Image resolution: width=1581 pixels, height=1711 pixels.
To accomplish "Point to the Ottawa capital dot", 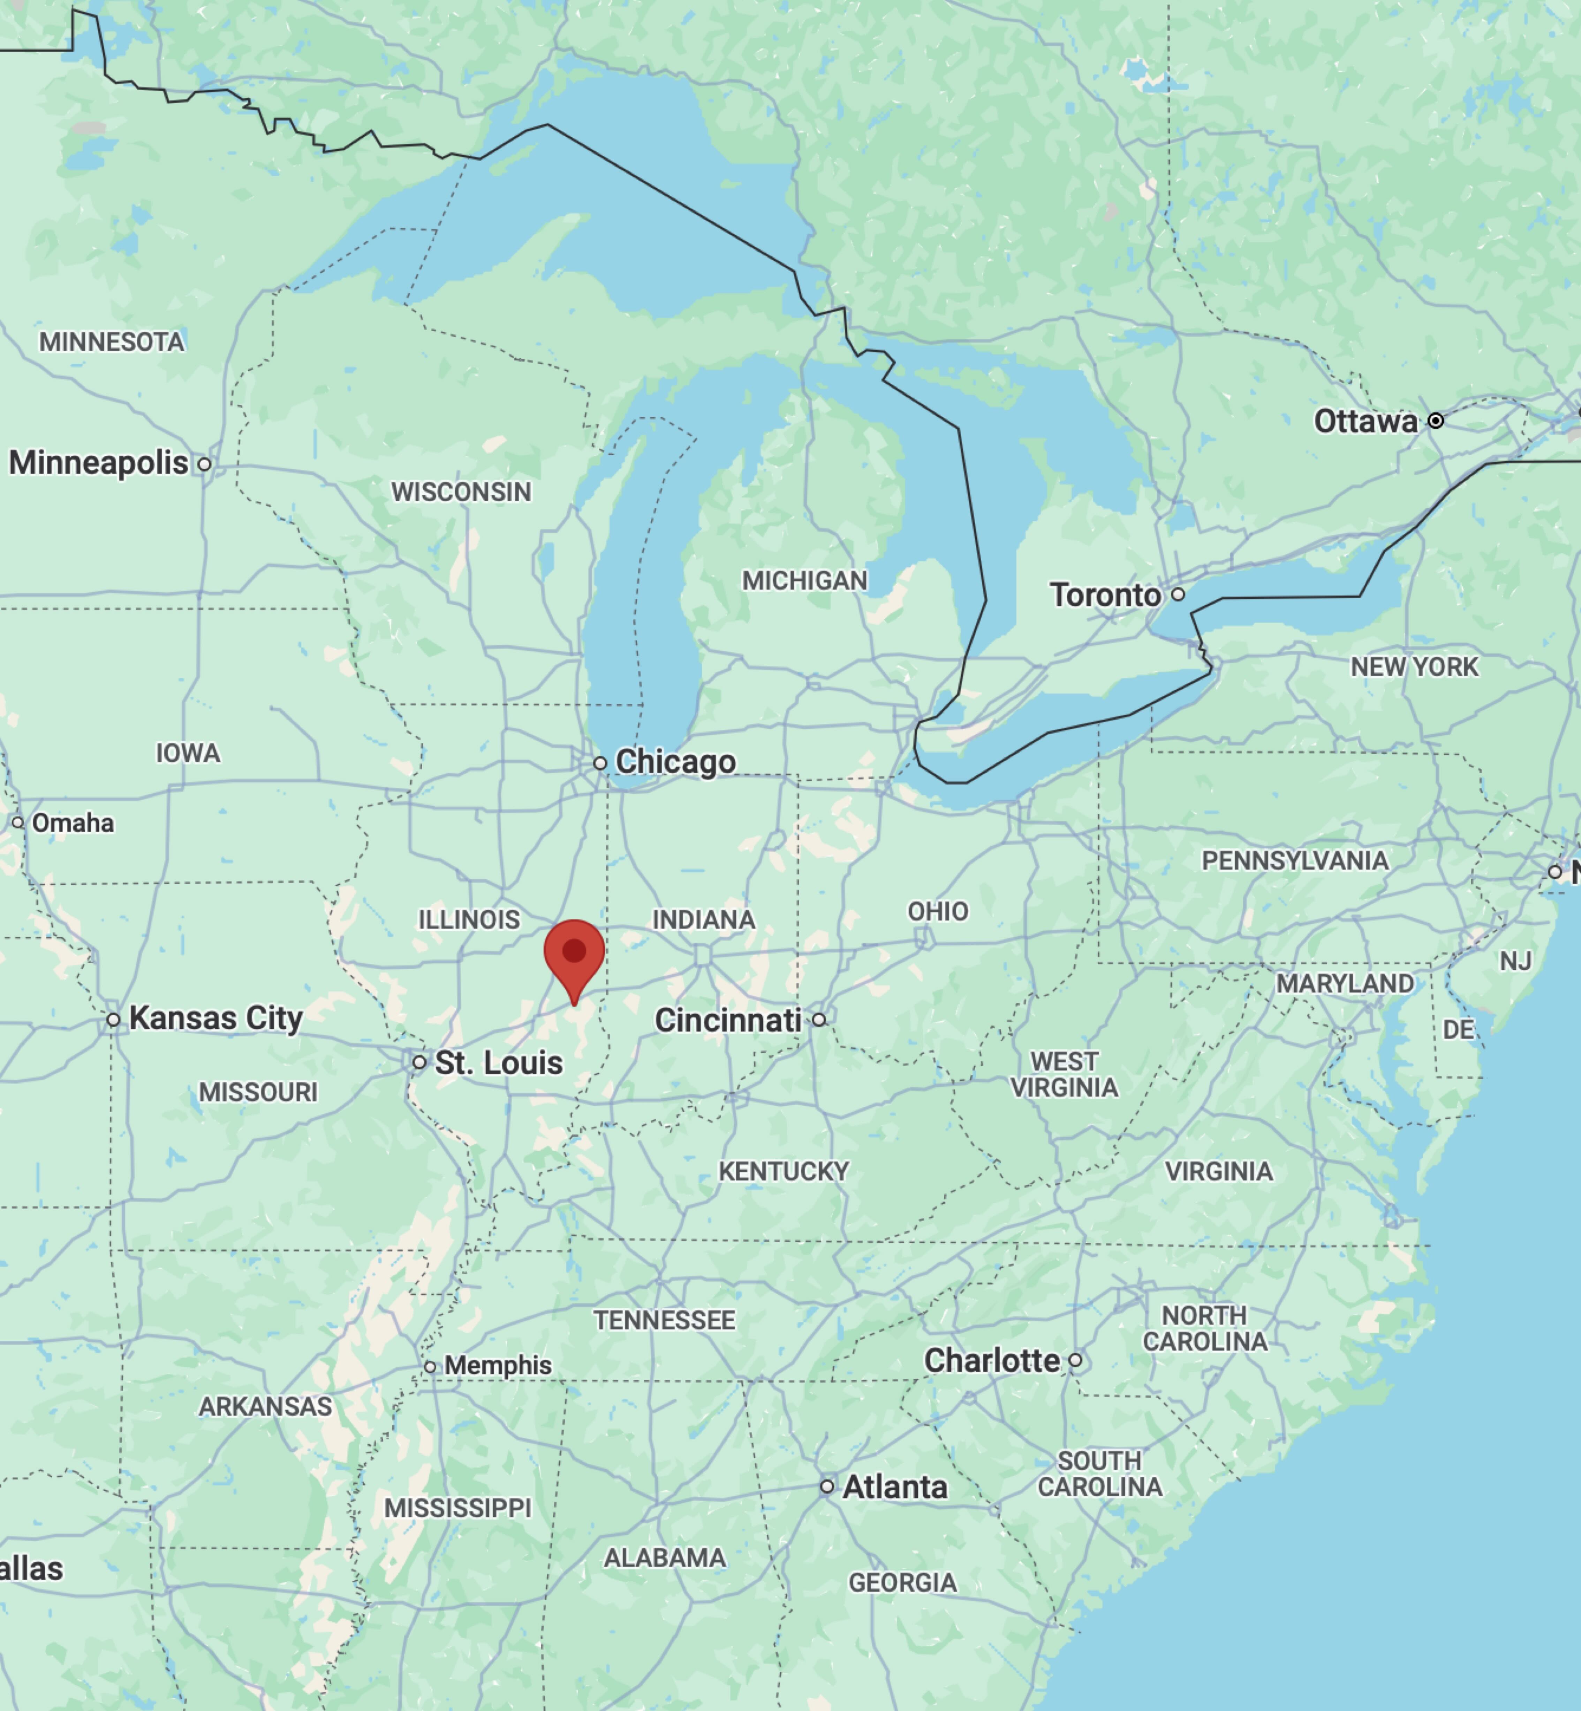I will click(x=1436, y=420).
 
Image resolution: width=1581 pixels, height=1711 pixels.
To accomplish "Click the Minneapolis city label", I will click(x=98, y=463).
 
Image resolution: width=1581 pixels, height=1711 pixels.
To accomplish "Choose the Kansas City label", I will click(x=215, y=1018).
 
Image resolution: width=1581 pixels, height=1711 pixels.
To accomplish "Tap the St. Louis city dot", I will click(x=419, y=1062).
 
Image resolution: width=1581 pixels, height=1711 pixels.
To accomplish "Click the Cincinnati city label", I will click(x=728, y=1020).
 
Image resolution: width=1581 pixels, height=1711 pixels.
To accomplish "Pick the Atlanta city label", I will click(x=895, y=1487).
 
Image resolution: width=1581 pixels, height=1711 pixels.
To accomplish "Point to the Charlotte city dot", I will click(x=1075, y=1360).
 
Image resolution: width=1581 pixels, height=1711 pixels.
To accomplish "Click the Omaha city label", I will click(x=73, y=823).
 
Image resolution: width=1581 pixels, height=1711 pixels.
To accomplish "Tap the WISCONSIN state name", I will click(x=461, y=492).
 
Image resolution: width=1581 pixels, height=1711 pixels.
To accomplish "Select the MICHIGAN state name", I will click(x=804, y=581).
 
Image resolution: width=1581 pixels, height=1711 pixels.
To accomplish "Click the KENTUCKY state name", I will click(x=783, y=1171).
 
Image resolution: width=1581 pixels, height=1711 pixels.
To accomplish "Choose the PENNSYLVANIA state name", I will click(x=1294, y=861).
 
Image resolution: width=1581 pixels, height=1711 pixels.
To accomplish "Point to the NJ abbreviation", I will click(x=1515, y=962).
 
